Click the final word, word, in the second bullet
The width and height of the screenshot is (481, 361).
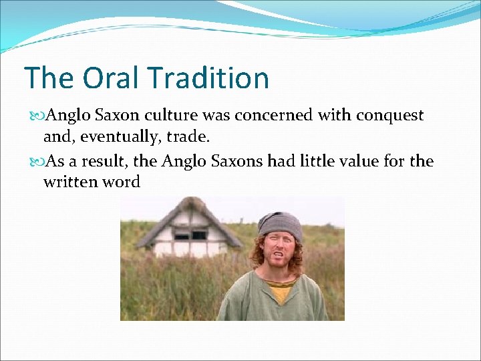pos(121,182)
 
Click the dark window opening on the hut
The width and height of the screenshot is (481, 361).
pos(190,235)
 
